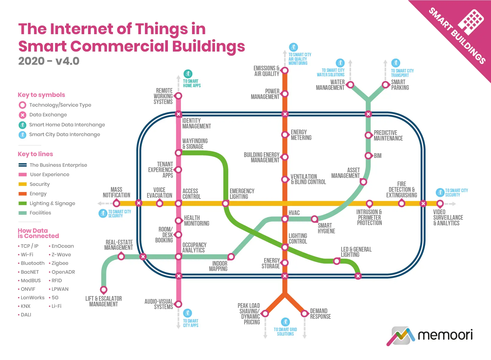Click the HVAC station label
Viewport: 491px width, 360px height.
[x=294, y=213]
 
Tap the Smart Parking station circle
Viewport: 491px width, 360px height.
[x=385, y=85]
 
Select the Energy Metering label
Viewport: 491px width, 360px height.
[x=301, y=135]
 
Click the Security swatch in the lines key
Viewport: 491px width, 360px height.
[x=23, y=184]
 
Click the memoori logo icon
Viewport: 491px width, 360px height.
[x=400, y=336]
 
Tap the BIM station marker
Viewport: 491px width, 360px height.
[x=368, y=156]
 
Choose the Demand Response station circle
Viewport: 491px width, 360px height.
[x=304, y=313]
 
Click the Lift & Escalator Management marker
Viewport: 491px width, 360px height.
[x=104, y=290]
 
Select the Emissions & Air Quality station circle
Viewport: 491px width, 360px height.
[x=285, y=71]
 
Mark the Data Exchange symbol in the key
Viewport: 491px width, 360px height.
[x=22, y=115]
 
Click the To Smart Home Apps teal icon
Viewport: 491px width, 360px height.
[x=188, y=74]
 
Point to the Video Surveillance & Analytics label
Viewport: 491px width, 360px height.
[x=448, y=217]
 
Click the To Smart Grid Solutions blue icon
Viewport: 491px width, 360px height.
[x=285, y=322]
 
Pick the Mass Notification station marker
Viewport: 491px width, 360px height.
[x=116, y=203]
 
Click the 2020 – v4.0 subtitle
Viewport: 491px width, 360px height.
[x=49, y=61]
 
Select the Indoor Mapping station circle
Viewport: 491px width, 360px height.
[x=231, y=257]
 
